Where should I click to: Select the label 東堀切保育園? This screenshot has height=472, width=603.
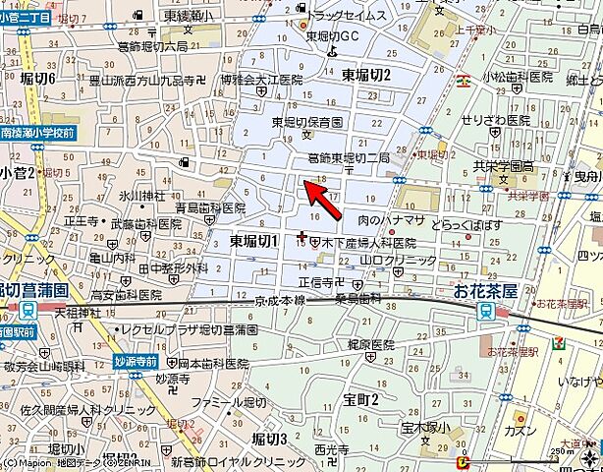[307, 122]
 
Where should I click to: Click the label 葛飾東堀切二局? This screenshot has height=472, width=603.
[349, 157]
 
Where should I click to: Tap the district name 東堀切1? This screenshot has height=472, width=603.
[254, 240]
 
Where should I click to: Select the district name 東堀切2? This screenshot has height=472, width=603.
[366, 75]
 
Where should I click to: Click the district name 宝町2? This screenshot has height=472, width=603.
[361, 398]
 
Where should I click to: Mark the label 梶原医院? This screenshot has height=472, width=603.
[369, 346]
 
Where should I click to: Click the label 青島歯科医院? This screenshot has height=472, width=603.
[210, 208]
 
